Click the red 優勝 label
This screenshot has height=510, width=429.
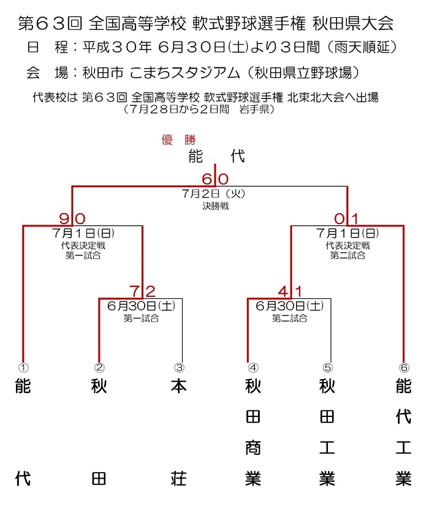tap(179, 140)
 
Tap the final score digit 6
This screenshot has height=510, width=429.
tap(207, 179)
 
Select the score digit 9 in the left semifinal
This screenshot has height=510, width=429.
tap(64, 219)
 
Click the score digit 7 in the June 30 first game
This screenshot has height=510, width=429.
tap(135, 291)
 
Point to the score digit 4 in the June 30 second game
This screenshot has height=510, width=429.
tap(284, 291)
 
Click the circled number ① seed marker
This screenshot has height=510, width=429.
tap(23, 367)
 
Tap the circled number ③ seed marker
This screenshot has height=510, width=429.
tap(179, 367)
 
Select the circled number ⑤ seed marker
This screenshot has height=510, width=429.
tap(327, 367)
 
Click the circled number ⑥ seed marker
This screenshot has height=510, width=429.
tap(404, 367)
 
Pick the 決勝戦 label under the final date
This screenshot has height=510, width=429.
tap(216, 206)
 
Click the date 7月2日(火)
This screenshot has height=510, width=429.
tap(213, 193)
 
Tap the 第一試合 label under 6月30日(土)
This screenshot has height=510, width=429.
tap(142, 318)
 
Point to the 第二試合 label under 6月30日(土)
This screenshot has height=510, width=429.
tap(290, 318)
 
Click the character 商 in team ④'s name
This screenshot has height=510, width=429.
tap(253, 448)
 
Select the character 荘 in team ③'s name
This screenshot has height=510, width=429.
tap(179, 478)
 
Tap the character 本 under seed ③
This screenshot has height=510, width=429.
tap(179, 386)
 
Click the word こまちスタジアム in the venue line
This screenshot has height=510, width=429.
tap(184, 72)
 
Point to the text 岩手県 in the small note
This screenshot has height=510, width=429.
tap(254, 109)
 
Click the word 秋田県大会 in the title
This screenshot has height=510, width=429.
tap(353, 23)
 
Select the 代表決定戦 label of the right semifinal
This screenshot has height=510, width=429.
tap(347, 246)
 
